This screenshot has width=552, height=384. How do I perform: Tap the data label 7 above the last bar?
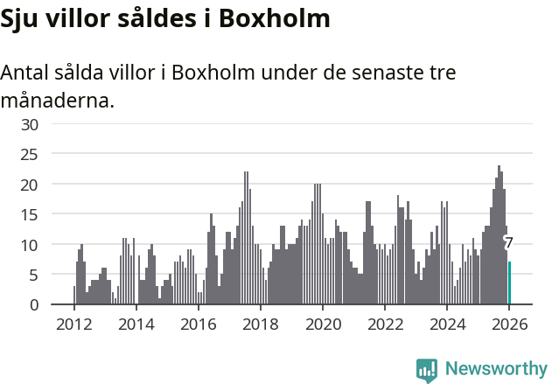coord(508,243)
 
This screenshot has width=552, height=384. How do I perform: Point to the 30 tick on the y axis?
coord(31,124)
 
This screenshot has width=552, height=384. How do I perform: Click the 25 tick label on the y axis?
coord(31,155)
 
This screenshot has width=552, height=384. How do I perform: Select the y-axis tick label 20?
coord(31,185)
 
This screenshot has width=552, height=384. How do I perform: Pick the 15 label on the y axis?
coord(31,215)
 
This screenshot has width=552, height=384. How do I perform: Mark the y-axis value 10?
coord(31,245)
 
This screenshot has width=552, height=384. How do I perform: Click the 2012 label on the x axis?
coord(73,325)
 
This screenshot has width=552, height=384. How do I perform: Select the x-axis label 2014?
coord(136,325)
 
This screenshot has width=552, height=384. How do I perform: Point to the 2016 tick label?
coord(198,325)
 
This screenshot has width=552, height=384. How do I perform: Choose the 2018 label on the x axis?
coord(260,325)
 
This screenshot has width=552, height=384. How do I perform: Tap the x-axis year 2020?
coord(322,325)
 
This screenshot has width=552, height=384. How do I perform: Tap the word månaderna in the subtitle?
coord(57,101)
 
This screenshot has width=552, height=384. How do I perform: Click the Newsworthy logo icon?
coord(427,370)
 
